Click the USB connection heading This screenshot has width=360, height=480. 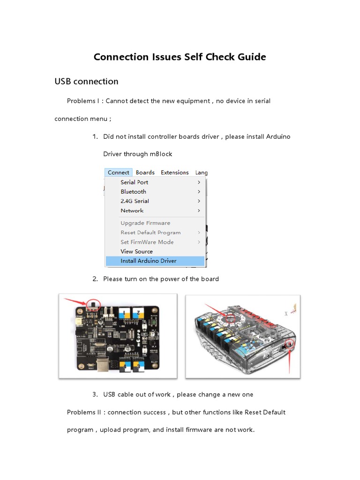click(x=86, y=82)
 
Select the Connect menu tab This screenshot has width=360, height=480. click(x=118, y=172)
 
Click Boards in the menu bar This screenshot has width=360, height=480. click(x=145, y=172)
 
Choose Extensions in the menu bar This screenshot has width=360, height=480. click(x=174, y=172)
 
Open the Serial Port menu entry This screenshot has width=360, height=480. click(x=135, y=182)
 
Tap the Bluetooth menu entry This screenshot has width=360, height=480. click(x=134, y=192)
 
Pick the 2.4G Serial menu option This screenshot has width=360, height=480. click(x=135, y=201)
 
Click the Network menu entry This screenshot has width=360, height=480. click(x=132, y=210)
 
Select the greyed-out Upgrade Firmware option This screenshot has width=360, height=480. click(x=145, y=223)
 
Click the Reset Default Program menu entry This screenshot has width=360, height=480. click(x=150, y=232)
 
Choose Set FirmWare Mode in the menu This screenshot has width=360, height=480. click(x=147, y=242)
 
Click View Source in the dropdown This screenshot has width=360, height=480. click(x=136, y=251)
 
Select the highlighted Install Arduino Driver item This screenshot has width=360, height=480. click(x=149, y=261)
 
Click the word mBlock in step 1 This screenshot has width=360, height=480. click(x=161, y=154)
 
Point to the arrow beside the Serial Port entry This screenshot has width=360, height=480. click(x=199, y=182)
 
